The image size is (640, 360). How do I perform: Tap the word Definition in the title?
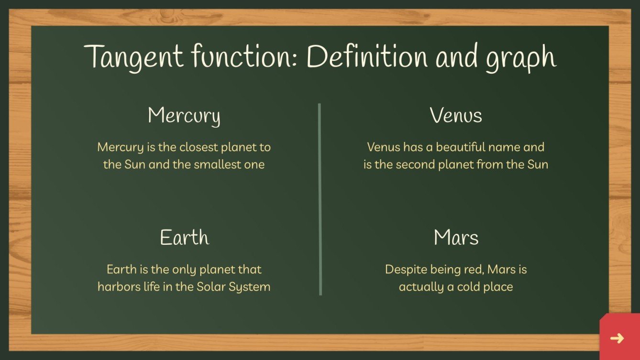point(367,56)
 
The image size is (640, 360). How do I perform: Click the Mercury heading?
point(184,116)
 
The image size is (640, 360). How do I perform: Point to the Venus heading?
point(456,116)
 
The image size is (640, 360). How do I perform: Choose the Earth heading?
point(184,238)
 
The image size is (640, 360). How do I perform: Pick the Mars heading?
point(456,238)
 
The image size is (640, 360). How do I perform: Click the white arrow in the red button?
point(617,338)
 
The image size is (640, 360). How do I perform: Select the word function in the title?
point(243,56)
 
